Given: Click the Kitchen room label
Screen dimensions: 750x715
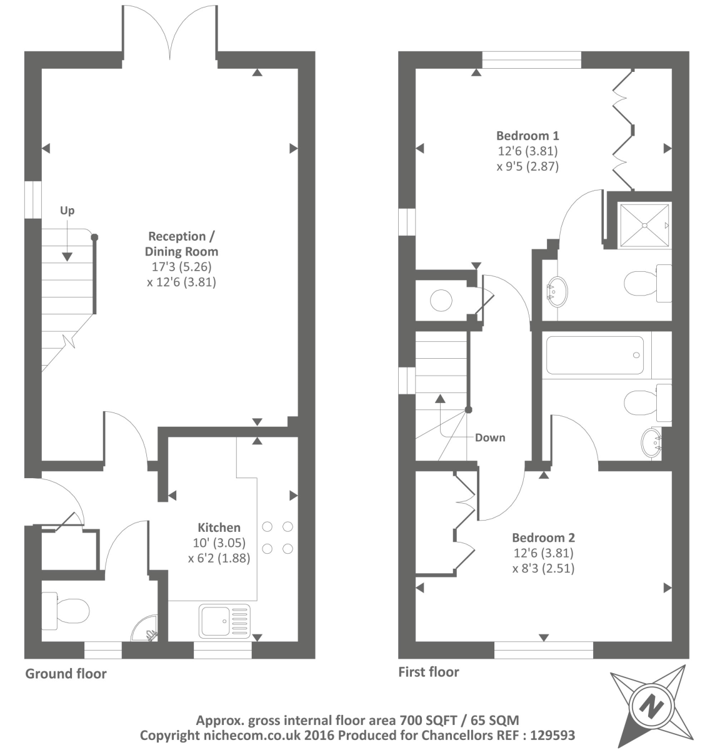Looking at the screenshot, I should coord(219,527).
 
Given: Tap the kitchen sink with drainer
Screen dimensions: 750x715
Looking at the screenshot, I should coord(224,621).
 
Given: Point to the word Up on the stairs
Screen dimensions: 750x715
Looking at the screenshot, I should coord(67,211).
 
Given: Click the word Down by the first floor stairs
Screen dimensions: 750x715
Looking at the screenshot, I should coord(490,437).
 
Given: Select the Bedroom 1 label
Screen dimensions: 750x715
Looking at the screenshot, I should coord(527,136).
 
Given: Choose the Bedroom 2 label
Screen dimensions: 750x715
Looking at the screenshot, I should coord(543,537).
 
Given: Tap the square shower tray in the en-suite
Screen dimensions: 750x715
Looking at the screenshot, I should coord(644,225).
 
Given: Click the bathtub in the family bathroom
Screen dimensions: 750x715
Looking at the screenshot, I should coord(595,356).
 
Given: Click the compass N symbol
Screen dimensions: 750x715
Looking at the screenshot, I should coord(651,706).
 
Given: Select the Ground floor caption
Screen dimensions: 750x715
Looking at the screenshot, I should coord(66,674).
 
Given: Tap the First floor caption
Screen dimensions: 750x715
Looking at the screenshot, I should coord(429,672).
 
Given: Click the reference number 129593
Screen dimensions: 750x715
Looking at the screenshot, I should coord(549,736).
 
